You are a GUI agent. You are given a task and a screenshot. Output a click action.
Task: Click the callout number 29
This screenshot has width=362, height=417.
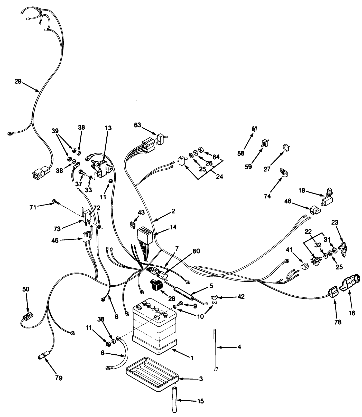click(x=18, y=82)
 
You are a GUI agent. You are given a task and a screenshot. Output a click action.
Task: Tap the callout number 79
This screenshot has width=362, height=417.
click(x=59, y=378)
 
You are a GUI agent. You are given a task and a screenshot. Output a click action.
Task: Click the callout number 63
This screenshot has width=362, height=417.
click(x=138, y=125)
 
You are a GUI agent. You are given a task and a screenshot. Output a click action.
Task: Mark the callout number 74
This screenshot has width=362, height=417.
click(x=267, y=196)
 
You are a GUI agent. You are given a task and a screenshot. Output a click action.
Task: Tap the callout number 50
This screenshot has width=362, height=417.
click(x=26, y=289)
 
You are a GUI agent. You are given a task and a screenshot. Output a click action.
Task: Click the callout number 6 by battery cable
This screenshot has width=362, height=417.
click(x=103, y=353)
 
